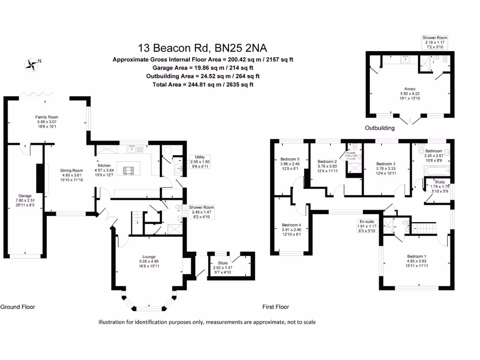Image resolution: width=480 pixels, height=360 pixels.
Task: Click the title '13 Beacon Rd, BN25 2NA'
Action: (x=203, y=48)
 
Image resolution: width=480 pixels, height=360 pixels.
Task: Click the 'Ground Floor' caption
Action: (x=18, y=307)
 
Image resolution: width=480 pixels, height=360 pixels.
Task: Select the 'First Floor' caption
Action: (x=276, y=307)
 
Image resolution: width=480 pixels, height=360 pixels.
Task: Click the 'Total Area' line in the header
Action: (x=203, y=84)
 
